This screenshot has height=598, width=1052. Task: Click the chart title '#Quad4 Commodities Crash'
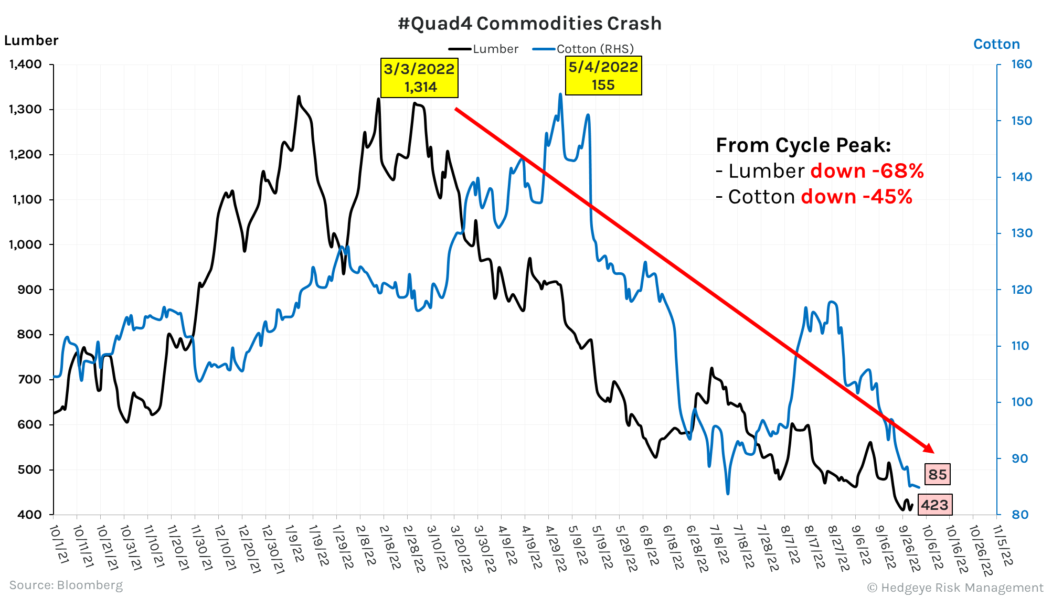529,24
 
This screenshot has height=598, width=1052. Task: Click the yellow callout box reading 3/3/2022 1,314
419,78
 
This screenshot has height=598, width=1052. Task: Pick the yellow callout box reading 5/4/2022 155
603,76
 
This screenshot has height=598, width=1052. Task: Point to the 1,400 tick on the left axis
26,65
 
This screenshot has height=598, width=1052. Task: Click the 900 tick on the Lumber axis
29,290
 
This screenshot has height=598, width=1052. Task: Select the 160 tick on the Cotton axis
1021,65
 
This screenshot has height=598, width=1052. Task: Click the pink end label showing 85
937,474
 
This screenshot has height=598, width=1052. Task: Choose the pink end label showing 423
934,505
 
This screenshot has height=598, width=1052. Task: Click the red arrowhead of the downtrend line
929,448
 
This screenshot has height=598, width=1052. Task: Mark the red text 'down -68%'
867,171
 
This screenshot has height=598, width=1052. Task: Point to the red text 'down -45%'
856,197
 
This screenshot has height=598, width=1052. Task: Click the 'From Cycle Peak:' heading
803,145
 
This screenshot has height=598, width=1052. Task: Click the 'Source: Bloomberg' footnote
66,585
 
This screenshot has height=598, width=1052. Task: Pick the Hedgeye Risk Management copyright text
955,588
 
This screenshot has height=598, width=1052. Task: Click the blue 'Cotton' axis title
996,44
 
